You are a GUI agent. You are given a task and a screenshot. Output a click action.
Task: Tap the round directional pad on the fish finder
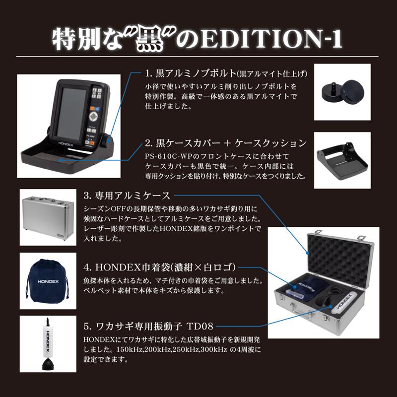tap(94, 118)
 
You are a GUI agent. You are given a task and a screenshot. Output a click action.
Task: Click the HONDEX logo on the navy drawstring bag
tap(47, 282)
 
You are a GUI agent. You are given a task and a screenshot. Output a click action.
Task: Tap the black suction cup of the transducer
tap(48, 365)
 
